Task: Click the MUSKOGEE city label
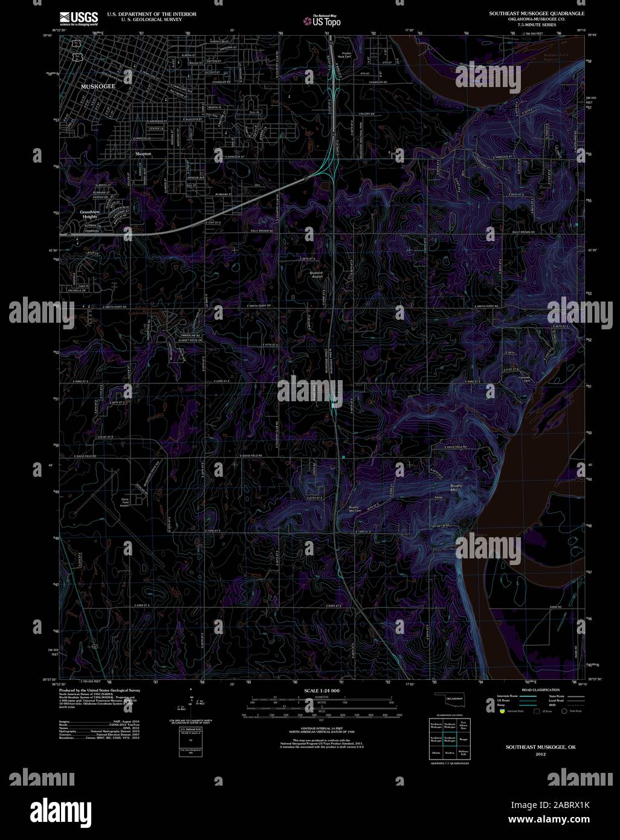click(x=98, y=87)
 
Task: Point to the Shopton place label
click(x=143, y=154)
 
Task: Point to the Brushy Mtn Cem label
click(x=355, y=508)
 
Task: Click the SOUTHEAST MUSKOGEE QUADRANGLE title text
click(x=537, y=13)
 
